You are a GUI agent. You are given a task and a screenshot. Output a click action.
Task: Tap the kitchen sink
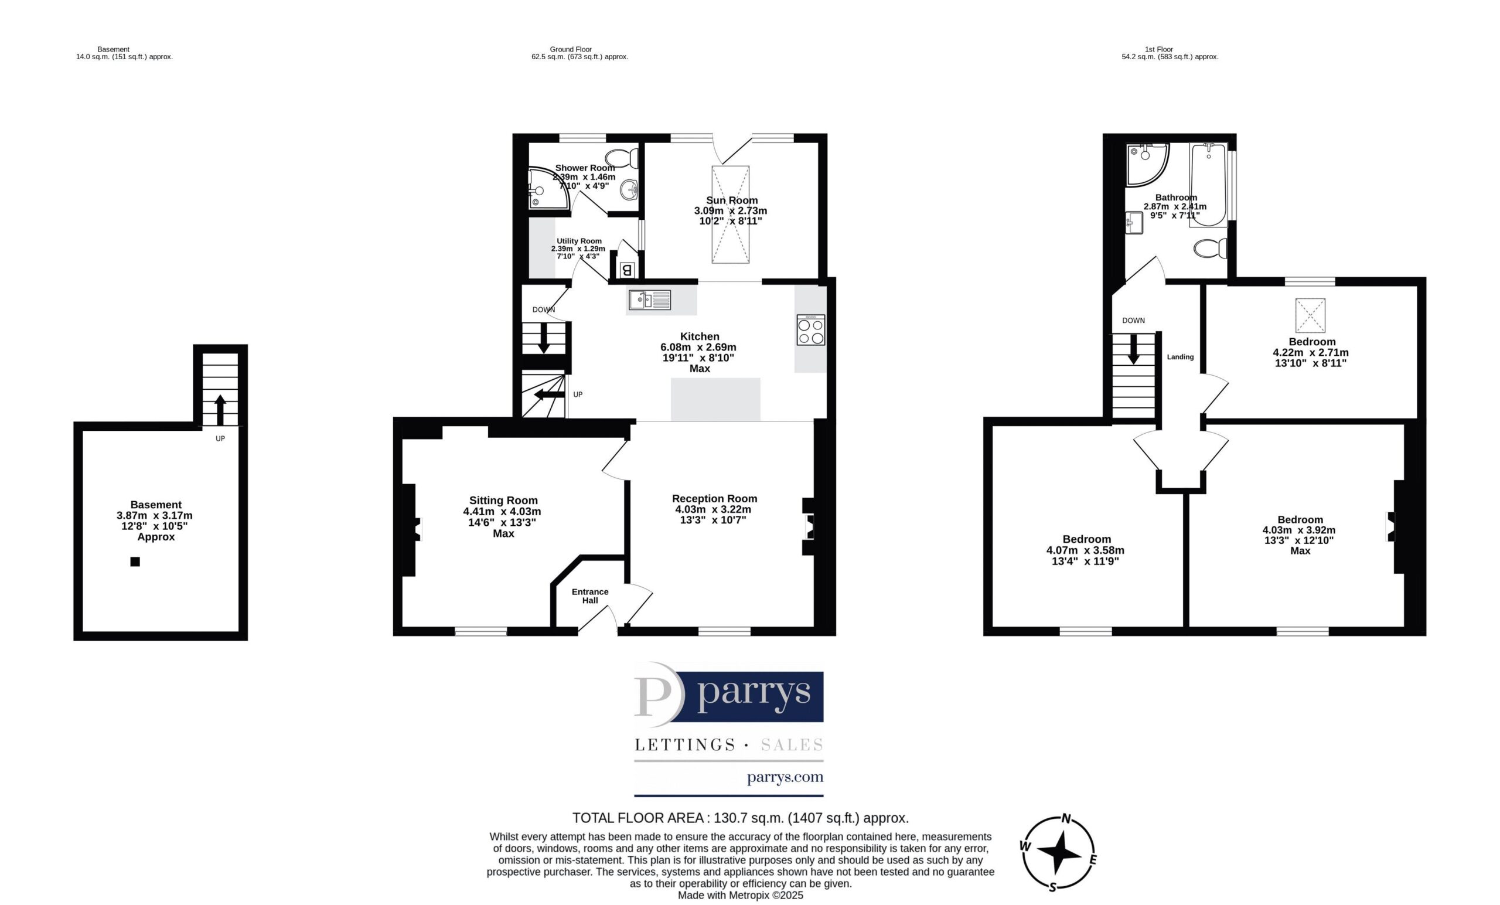coord(650,300)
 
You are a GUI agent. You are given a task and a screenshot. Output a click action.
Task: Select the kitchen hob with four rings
coord(811,330)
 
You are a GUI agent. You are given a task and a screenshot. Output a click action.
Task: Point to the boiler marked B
coord(626,269)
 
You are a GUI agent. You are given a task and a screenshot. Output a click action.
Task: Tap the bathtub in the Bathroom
coord(1208,185)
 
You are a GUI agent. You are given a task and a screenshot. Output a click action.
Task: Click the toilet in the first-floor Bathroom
coord(1210,249)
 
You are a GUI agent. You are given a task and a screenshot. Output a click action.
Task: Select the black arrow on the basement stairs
coord(220,410)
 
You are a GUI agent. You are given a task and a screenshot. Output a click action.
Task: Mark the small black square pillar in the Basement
coord(135,562)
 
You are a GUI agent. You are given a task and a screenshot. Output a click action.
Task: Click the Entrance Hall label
coord(590,596)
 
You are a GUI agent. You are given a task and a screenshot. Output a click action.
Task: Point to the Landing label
coord(1181,357)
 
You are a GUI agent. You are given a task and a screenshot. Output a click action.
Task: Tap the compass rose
coord(1059,852)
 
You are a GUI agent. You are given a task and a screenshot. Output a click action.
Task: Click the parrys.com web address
coord(785,777)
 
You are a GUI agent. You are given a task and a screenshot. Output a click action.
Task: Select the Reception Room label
coord(714,499)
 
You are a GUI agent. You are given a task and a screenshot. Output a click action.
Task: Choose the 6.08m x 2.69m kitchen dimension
coord(698,347)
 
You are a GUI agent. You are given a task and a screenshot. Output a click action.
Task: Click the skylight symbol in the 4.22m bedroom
coord(1310,315)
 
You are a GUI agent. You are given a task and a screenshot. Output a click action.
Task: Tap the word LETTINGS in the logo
coord(685,745)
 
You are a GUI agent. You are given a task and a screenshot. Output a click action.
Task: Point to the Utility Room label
coord(578,241)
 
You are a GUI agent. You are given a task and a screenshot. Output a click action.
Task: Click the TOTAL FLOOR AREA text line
coord(740,818)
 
